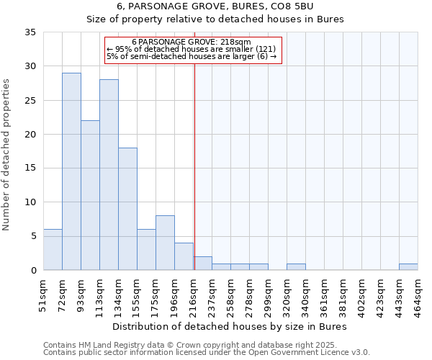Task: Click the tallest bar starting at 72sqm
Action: point(71,171)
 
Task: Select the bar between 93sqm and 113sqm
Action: point(90,195)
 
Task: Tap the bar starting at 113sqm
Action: point(109,175)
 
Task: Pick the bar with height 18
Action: point(127,209)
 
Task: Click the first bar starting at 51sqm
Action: point(53,249)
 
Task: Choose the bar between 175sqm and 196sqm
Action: point(165,243)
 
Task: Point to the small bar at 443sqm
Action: point(408,267)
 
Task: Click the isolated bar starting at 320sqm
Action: point(296,267)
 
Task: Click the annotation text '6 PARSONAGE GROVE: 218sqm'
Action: point(192,42)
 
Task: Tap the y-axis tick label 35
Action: point(30,32)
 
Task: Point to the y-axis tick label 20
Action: point(30,135)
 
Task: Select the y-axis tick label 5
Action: point(33,236)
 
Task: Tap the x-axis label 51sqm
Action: point(44,294)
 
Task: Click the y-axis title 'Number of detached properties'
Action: point(7,156)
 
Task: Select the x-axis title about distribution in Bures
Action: point(230,326)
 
